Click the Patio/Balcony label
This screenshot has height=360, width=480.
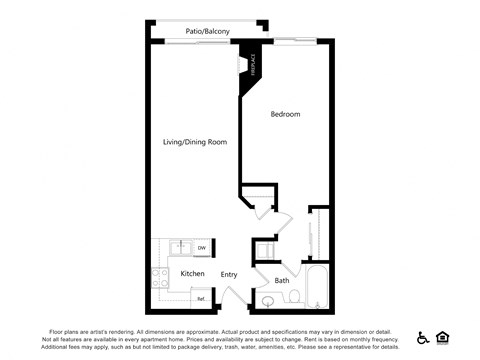point(208,32)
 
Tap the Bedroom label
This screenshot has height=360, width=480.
point(285,115)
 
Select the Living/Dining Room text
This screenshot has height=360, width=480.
point(195,142)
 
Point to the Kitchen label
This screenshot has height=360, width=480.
point(192,273)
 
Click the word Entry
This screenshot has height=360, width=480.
point(229,274)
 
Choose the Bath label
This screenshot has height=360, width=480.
point(282,280)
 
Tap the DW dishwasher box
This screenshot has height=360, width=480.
point(201,248)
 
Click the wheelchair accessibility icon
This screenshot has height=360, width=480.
point(423,338)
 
